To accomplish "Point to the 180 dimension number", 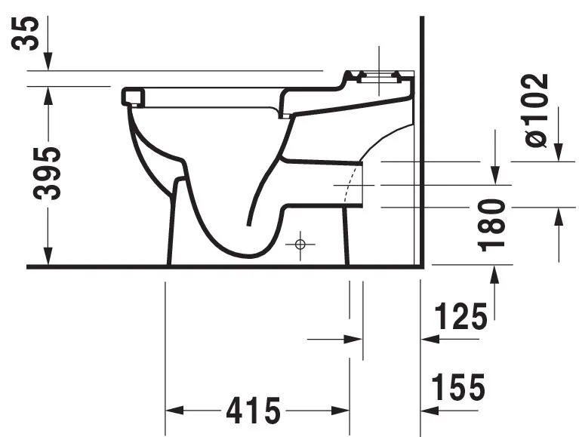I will point(494,224).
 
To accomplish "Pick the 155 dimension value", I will point(457,389).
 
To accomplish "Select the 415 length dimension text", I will point(253,411).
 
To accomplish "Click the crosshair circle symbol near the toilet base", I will point(300,244).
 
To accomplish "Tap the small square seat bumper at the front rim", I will point(131,96).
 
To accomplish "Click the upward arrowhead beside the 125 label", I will point(494,277).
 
